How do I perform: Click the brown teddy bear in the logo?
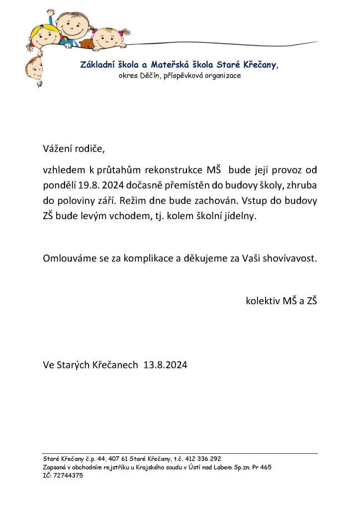coord(88,44)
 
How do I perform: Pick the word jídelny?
coord(240,217)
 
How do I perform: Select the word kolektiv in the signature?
coord(263,301)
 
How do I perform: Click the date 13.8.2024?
coord(165,365)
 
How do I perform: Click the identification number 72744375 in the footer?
coord(69,476)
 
